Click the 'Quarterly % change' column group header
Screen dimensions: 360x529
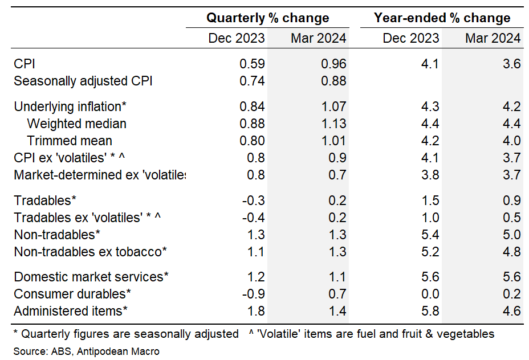[267, 18]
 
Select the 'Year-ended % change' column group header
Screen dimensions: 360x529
[442, 18]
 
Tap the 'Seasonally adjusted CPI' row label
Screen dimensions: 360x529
[83, 81]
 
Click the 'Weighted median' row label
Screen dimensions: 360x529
[76, 124]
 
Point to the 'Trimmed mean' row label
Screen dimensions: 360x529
[70, 141]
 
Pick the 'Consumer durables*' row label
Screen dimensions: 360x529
[72, 294]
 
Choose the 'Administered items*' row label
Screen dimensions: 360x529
[70, 311]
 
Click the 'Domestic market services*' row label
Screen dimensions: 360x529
[91, 277]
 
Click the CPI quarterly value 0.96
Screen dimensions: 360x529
[333, 64]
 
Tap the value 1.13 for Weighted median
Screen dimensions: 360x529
[333, 124]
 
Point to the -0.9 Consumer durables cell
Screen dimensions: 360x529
[253, 294]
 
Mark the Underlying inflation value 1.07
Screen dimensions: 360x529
[333, 107]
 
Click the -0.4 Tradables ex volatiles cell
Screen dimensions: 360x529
[253, 217]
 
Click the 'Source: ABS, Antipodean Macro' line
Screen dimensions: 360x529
[87, 351]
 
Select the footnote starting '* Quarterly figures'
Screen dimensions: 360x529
[126, 334]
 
